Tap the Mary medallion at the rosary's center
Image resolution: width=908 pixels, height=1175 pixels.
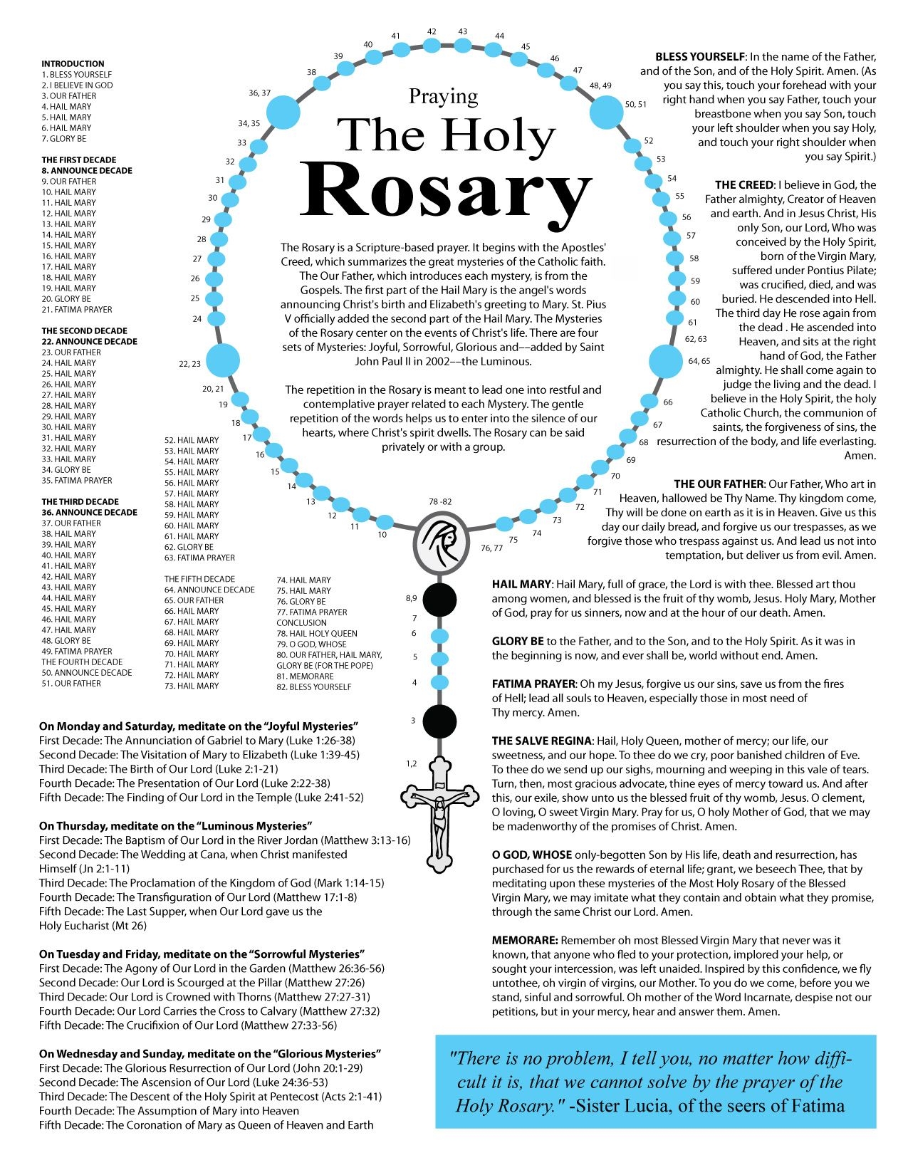pos(441,543)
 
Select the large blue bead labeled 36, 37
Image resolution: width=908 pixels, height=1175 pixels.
pos(283,112)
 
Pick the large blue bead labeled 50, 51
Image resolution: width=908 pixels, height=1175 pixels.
pos(607,112)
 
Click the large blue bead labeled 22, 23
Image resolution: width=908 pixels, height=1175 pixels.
pos(223,360)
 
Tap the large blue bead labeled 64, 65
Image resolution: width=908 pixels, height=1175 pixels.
pos(666,361)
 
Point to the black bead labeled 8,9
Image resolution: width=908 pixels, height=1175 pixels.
pos(439,600)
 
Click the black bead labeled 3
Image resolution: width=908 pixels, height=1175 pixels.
pos(439,721)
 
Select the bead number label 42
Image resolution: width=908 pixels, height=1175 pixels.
pos(432,32)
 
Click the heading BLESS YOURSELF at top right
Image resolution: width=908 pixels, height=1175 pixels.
pos(700,57)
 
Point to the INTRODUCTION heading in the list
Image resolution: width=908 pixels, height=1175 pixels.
pos(73,64)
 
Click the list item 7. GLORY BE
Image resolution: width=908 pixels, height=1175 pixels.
pos(64,139)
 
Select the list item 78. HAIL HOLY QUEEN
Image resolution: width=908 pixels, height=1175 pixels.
pos(317,633)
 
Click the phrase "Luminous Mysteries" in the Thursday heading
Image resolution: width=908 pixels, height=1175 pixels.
pos(255,826)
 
